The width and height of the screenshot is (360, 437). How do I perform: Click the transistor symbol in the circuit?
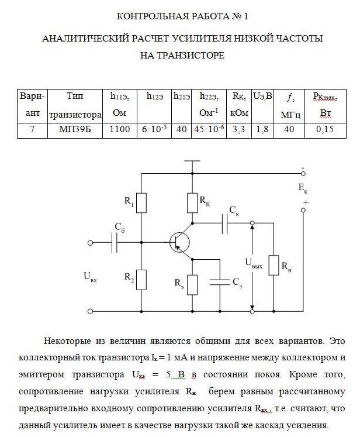tap(179, 242)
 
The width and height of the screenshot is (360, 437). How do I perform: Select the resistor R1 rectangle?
tap(141, 203)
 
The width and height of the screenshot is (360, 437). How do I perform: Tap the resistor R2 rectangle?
tap(141, 280)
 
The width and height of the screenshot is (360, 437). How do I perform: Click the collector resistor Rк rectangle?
tap(192, 203)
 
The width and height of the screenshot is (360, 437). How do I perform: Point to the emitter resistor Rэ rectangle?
tap(192, 285)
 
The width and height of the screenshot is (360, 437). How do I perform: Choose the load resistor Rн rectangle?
tap(274, 265)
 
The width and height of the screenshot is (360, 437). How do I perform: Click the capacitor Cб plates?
tap(114, 243)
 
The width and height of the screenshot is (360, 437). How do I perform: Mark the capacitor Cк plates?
tap(225, 223)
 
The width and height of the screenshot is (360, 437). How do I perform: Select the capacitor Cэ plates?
tap(220, 282)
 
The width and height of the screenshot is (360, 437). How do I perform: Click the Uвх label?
tap(90, 277)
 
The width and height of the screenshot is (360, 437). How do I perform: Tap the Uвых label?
tap(254, 263)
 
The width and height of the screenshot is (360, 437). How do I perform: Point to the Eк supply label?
tap(303, 188)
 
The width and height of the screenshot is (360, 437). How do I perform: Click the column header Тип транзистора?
tap(75, 106)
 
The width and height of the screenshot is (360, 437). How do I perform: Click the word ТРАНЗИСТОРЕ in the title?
tap(182, 55)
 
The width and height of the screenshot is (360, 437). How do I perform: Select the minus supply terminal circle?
tap(303, 173)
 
